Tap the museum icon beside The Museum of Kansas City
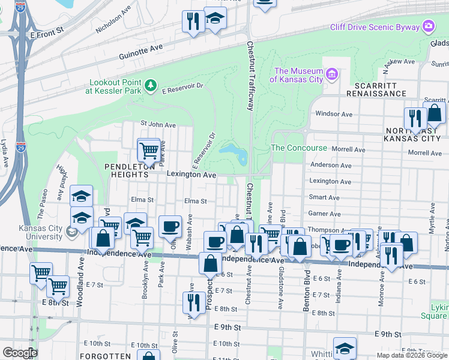click(332, 75)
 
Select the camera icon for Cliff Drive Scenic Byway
click(429, 26)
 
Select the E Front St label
click(47, 30)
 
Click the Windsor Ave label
click(334, 114)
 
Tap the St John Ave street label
click(158, 125)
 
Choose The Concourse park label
click(299, 148)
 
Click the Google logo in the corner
click(19, 352)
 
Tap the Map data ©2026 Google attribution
click(412, 355)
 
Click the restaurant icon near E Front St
click(193, 22)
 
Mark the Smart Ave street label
click(324, 197)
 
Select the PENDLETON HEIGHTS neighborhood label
click(118, 170)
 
